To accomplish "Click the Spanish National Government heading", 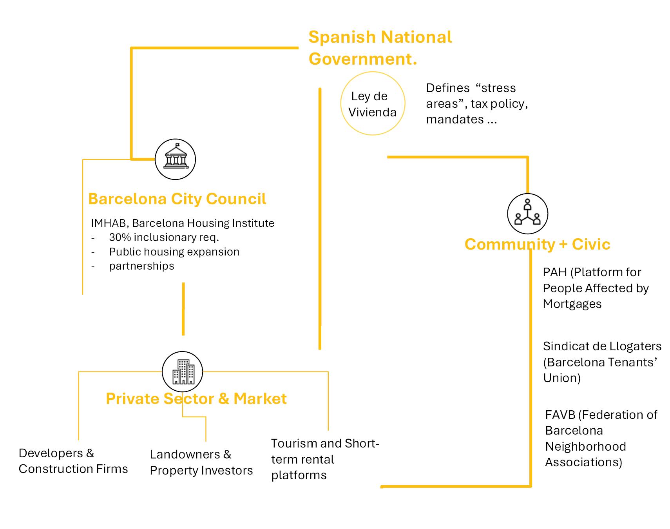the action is (x=380, y=48).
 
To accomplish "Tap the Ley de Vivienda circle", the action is (x=372, y=104).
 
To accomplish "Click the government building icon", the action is (x=175, y=159).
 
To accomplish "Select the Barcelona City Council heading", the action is (x=177, y=199).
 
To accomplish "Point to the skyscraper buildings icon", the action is (x=183, y=371).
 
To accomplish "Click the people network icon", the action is (x=527, y=214).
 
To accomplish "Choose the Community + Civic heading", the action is (x=537, y=244).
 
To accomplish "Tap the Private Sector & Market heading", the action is (x=196, y=399).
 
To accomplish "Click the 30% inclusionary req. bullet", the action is (x=164, y=237).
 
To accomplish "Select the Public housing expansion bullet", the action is (x=174, y=252).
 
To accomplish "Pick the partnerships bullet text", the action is (x=141, y=266).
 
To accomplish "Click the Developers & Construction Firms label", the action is (x=73, y=461).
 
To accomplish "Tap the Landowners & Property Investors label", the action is (x=201, y=462).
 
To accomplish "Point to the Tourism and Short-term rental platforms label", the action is (x=325, y=459).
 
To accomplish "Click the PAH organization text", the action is (x=596, y=288).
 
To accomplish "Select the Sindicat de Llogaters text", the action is (x=602, y=362).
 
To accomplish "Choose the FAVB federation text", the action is (x=601, y=438).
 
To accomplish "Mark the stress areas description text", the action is (x=476, y=103).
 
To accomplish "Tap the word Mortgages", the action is (x=572, y=304).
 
